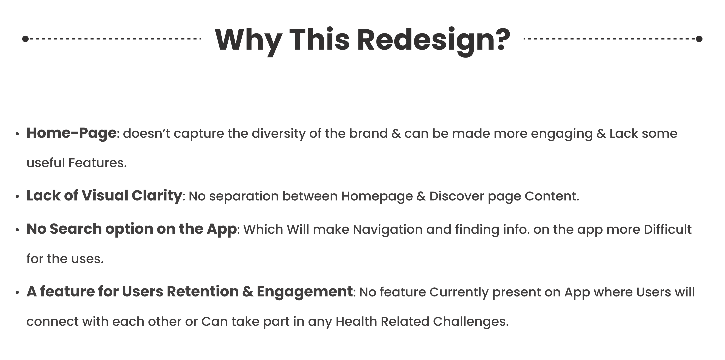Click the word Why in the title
[249, 41]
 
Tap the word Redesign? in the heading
[434, 41]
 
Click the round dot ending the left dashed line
[25, 39]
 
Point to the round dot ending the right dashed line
[699, 39]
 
